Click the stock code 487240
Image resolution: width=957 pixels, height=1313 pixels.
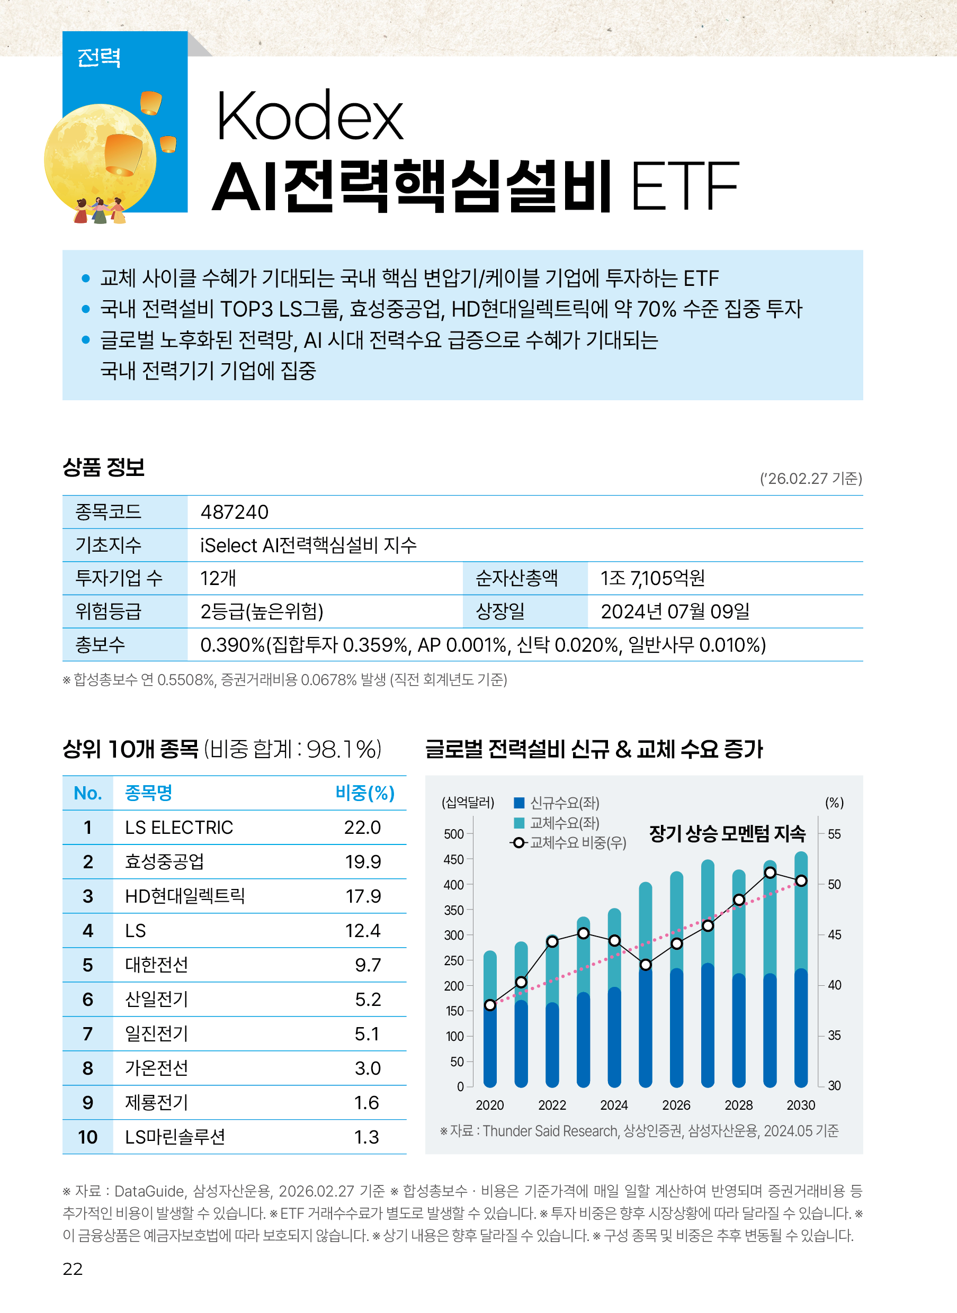click(234, 512)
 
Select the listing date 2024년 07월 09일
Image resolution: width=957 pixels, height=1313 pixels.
click(675, 611)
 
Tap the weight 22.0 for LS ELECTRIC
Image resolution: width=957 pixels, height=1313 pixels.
click(362, 827)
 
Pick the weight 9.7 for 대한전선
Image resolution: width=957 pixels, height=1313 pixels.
click(368, 965)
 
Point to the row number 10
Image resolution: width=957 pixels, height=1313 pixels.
click(87, 1137)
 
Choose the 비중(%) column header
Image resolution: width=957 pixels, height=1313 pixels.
click(365, 793)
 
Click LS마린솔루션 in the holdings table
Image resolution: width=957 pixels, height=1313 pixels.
click(175, 1137)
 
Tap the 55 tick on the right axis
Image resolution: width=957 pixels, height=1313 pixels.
click(834, 834)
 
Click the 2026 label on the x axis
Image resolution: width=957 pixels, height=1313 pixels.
click(676, 1105)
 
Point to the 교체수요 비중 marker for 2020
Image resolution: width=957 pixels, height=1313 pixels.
click(490, 1005)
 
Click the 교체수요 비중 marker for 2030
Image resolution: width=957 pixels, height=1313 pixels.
click(801, 880)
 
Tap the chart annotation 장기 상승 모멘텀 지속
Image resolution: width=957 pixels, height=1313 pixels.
click(727, 833)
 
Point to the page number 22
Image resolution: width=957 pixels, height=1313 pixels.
click(73, 1269)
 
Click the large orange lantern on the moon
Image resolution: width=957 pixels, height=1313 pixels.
click(123, 154)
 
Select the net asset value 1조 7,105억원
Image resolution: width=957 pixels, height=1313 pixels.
click(652, 578)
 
